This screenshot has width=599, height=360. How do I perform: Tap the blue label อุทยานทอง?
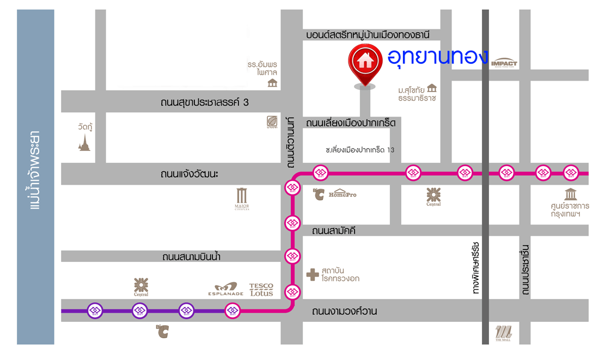[438, 57]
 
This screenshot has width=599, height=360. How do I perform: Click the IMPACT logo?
[504, 63]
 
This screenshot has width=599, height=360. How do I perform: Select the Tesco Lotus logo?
[261, 289]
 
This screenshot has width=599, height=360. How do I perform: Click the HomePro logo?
[343, 193]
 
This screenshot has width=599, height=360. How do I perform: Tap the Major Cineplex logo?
[242, 199]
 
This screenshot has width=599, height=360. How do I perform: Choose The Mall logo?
[504, 332]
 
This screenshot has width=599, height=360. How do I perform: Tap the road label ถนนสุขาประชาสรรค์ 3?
[205, 102]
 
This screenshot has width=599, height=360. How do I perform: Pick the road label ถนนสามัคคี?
[334, 230]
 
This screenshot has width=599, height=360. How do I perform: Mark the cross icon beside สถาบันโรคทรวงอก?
[312, 274]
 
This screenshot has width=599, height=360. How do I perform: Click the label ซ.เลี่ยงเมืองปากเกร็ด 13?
[359, 149]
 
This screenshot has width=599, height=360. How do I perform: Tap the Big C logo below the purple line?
[162, 332]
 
